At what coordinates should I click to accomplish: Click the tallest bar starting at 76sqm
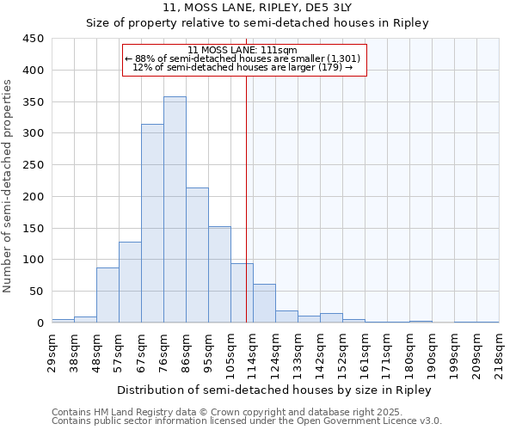(175, 210)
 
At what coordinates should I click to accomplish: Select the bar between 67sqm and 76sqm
(152, 224)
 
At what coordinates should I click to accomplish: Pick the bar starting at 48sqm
(107, 295)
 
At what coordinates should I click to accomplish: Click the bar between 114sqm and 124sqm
(264, 304)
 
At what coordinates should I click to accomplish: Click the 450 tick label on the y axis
(34, 39)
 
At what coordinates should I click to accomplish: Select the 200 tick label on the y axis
(34, 197)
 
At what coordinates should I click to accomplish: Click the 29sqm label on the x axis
(52, 351)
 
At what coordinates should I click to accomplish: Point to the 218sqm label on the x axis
(500, 351)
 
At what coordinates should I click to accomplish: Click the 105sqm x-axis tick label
(231, 351)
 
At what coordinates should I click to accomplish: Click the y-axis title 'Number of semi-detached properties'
(9, 186)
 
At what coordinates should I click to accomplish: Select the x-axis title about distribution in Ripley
(273, 390)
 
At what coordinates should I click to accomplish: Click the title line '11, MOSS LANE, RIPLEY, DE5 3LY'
(257, 9)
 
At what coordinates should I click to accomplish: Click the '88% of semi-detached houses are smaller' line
(244, 58)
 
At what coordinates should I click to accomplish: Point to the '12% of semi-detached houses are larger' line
(244, 67)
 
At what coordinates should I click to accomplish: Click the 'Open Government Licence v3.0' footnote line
(247, 421)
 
